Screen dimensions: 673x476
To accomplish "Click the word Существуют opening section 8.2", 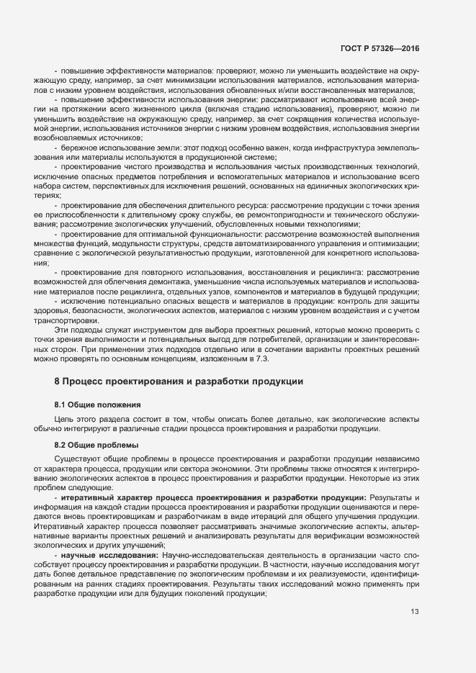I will pyautogui.click(x=78, y=459).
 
